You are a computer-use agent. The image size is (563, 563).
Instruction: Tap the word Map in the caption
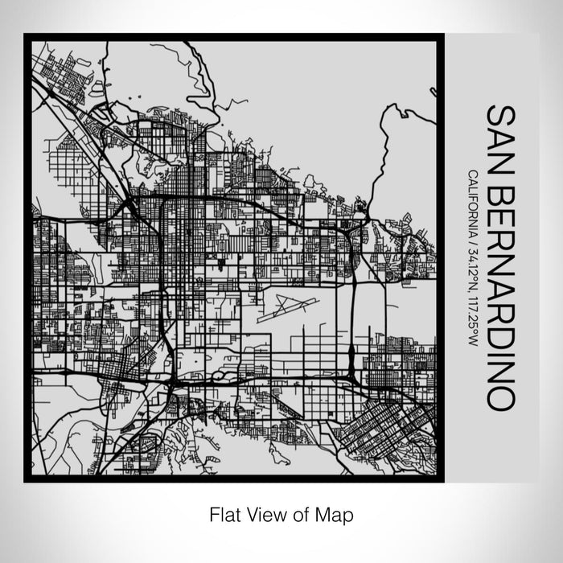pyautogui.click(x=336, y=513)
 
